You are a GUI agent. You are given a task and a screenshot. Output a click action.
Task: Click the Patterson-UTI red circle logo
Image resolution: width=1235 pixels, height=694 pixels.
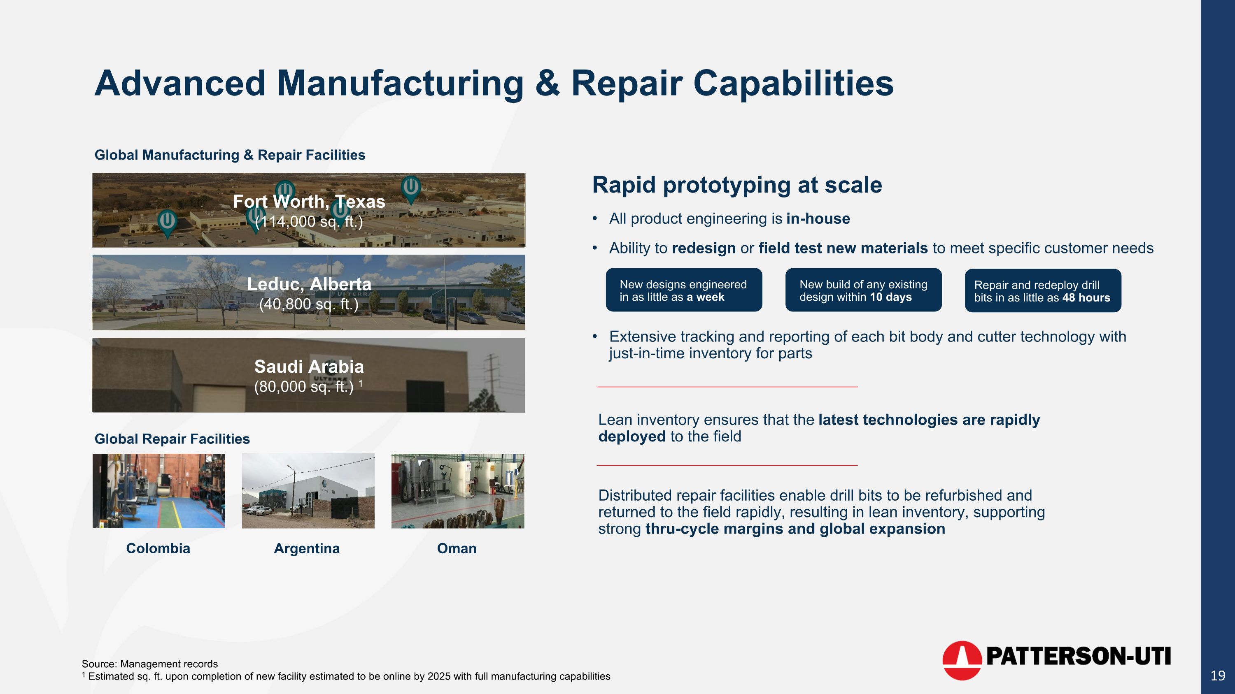pos(962,660)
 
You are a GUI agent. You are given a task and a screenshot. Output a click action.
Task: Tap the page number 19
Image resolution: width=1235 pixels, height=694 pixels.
pos(1218,676)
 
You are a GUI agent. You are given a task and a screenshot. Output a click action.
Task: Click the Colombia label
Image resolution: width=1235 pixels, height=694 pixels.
pos(158,548)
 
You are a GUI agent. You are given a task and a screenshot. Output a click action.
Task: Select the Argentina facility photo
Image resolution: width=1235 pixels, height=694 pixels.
pos(308,490)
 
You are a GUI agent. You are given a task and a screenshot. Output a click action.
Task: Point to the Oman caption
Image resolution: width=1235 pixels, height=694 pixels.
pos(457,548)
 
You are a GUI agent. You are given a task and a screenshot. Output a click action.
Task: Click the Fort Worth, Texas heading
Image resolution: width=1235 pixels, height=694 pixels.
pos(309,202)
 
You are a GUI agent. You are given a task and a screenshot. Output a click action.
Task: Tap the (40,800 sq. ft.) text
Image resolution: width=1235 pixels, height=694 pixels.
pos(309,304)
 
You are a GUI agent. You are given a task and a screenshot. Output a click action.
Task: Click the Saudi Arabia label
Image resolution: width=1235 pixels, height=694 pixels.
pos(309,367)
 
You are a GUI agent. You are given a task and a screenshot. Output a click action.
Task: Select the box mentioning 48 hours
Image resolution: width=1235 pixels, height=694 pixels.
pos(1043,291)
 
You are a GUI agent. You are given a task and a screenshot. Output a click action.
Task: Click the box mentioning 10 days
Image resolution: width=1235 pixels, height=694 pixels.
pos(863,290)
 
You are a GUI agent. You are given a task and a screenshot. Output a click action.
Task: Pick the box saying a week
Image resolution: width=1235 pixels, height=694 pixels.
pos(684,290)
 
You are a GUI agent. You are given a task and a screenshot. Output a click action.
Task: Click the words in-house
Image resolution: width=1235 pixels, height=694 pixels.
pos(818,219)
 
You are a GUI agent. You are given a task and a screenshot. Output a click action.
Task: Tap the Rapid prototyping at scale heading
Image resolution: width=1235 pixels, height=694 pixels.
pos(737,185)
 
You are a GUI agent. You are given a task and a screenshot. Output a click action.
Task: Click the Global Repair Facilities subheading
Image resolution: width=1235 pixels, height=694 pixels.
pos(172,439)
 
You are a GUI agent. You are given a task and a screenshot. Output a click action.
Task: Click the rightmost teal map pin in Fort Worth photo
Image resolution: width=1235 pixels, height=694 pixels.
pos(411,188)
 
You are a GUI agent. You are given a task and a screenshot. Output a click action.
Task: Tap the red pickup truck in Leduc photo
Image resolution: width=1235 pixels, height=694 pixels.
pos(152,306)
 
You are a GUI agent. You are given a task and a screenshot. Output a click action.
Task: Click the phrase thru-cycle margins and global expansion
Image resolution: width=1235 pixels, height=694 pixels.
pos(795,529)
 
